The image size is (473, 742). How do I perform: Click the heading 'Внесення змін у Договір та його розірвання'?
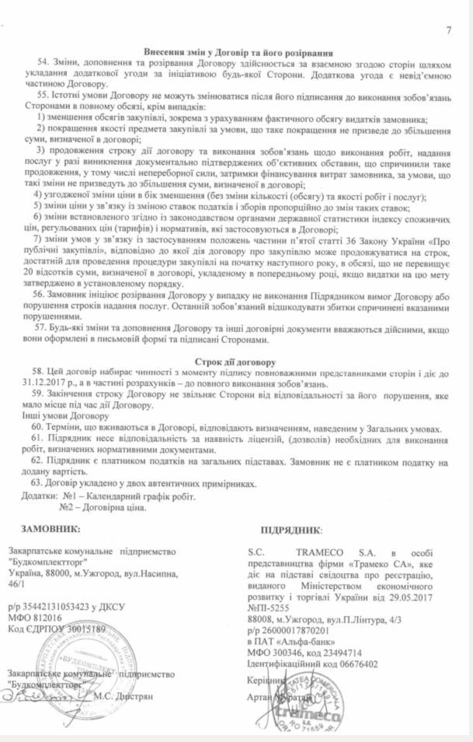click(x=237, y=50)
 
